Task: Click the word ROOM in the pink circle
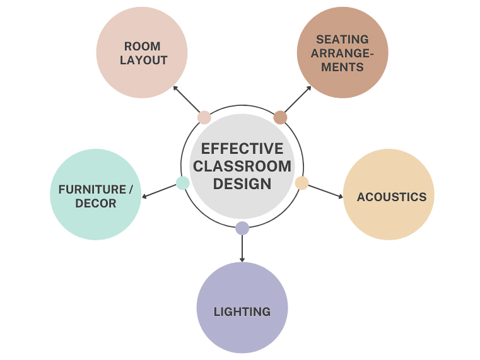(x=142, y=47)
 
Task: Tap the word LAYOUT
(x=144, y=61)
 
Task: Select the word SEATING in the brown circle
(x=342, y=40)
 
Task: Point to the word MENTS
(x=342, y=67)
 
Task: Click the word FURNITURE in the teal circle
(x=92, y=190)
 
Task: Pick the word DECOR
(x=96, y=204)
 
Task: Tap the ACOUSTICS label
(x=392, y=197)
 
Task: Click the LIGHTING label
(x=242, y=311)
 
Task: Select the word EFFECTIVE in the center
(x=242, y=149)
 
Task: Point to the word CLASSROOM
(x=242, y=166)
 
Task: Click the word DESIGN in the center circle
(x=242, y=184)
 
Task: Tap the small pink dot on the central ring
(x=204, y=117)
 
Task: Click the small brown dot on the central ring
(x=280, y=117)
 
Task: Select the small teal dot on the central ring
(x=183, y=183)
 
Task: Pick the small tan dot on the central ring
(x=302, y=183)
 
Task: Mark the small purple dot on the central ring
(x=242, y=228)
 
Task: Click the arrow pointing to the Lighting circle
(x=242, y=248)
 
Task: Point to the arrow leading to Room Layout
(x=187, y=99)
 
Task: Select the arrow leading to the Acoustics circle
(x=325, y=192)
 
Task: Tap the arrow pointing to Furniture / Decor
(x=159, y=192)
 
